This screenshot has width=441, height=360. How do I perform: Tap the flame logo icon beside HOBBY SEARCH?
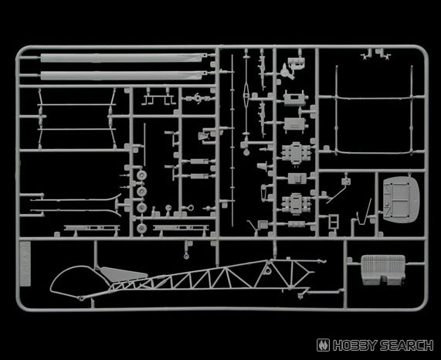point(324,345)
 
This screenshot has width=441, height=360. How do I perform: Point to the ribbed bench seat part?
point(383,270)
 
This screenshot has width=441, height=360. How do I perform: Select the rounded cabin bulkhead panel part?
point(402,198)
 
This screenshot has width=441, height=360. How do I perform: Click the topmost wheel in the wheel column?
point(142,175)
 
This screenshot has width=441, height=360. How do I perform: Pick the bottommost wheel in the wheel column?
point(142,228)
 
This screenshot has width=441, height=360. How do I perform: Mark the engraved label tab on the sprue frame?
point(25,263)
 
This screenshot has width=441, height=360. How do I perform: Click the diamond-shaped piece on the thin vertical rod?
point(246,94)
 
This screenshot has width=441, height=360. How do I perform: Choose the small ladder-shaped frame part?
point(334,222)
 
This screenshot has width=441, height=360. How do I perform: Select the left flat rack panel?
point(92,228)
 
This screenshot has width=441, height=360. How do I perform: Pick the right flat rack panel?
point(181,228)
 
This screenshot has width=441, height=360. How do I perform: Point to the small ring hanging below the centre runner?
point(186,256)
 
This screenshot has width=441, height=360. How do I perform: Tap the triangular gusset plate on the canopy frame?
point(123,273)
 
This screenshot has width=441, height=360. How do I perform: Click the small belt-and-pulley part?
point(264,192)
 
